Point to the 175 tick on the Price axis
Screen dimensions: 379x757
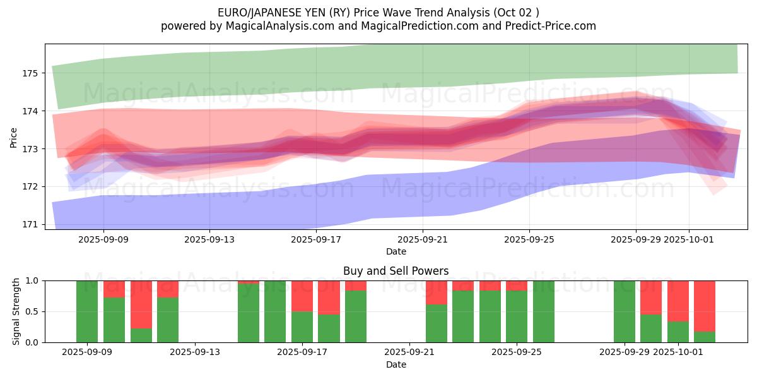(30, 73)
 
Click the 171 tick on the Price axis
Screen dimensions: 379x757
(30, 224)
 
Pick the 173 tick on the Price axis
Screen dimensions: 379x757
(30, 149)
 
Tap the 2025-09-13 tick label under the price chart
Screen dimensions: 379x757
(210, 239)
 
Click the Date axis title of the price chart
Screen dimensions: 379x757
(396, 251)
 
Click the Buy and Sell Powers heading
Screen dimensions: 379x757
(396, 271)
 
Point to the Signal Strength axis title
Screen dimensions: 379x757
(16, 311)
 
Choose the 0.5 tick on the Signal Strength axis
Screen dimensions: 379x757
(32, 311)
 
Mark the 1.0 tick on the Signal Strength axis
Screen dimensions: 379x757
(32, 280)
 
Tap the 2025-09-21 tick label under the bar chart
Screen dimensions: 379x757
(410, 352)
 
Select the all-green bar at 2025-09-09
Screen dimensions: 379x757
(87, 311)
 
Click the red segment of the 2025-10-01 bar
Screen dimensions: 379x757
(678, 301)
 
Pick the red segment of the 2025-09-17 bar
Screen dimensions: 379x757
(302, 296)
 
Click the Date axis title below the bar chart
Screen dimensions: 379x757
(396, 364)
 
